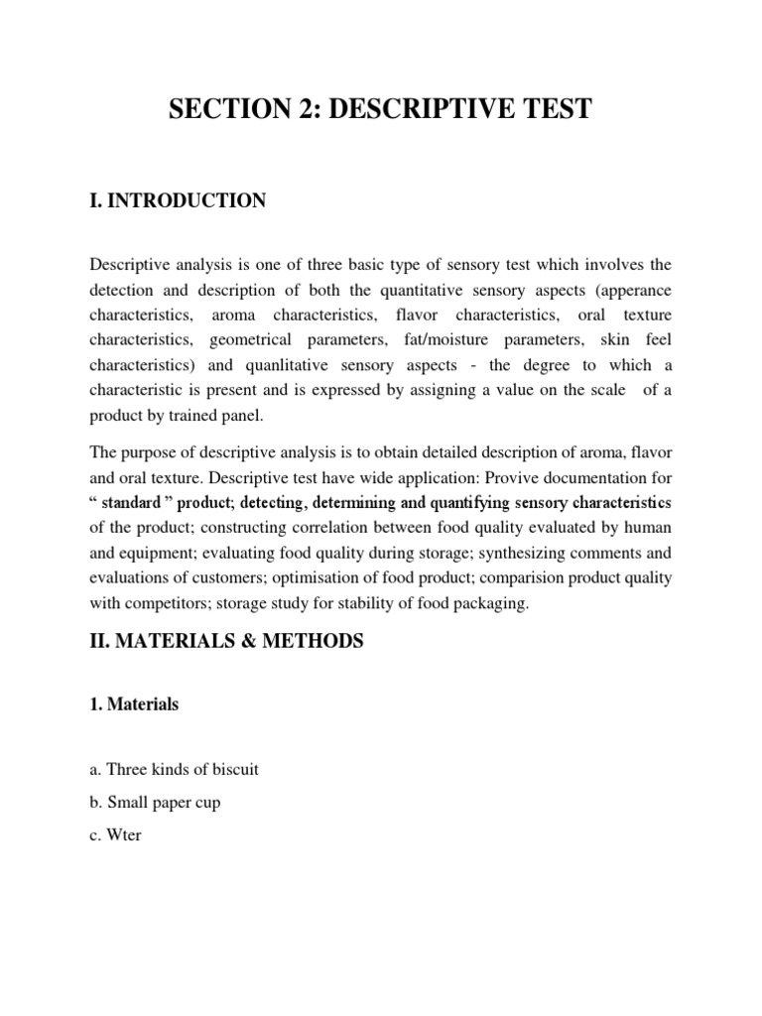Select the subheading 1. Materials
pos(134,704)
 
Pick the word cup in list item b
pos(206,802)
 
